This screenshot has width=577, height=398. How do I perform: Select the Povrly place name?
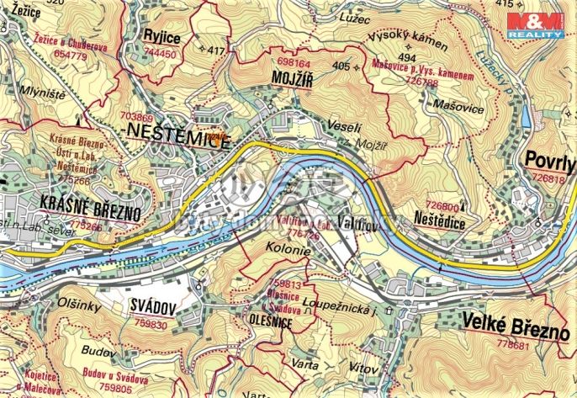(x=548, y=161)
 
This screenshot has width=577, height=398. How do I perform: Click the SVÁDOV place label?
(x=151, y=308)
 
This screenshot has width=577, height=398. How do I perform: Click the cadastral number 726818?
(x=548, y=178)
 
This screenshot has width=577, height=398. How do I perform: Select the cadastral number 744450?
(x=160, y=53)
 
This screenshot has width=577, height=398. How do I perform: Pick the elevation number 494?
(x=407, y=58)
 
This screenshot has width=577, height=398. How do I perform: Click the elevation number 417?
(x=217, y=51)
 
